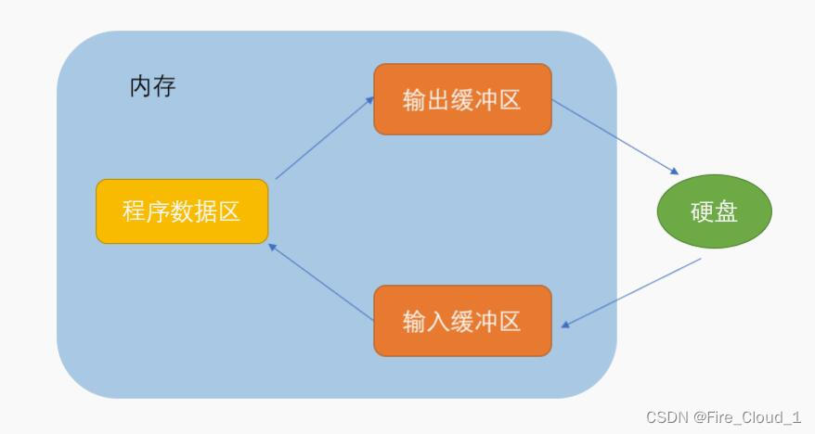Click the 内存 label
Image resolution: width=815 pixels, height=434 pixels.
click(152, 87)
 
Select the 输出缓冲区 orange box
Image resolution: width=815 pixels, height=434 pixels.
click(462, 99)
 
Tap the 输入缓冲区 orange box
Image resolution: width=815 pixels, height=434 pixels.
click(462, 321)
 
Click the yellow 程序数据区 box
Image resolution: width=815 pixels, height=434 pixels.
click(182, 211)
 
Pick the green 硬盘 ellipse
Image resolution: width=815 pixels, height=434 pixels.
click(714, 211)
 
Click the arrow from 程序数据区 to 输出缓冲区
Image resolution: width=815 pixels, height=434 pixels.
click(325, 136)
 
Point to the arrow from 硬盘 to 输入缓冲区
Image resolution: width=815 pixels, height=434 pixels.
click(631, 293)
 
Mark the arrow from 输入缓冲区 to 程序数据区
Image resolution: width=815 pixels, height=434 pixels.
click(319, 282)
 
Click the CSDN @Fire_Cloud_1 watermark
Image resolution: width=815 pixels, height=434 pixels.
click(723, 417)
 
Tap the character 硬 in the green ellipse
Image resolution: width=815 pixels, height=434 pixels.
click(702, 211)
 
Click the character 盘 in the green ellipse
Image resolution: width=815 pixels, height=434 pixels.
click(727, 211)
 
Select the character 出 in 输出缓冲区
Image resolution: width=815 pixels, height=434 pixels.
click(439, 100)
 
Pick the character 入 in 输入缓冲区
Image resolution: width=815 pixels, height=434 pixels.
click(439, 322)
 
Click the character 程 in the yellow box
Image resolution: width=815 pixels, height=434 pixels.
click(135, 211)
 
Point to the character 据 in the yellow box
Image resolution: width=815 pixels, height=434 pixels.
click(206, 211)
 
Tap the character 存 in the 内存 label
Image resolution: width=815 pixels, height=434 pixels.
click(164, 87)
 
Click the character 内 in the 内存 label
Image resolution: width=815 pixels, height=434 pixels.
click(140, 87)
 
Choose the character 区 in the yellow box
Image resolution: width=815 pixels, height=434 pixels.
click(229, 211)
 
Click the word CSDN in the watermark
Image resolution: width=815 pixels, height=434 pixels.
click(665, 417)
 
